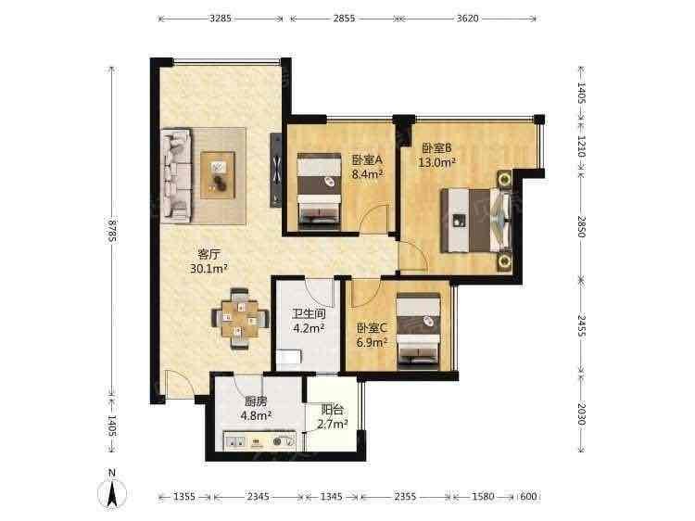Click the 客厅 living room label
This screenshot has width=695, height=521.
(x=208, y=255)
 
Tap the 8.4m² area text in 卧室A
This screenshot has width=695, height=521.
(x=368, y=173)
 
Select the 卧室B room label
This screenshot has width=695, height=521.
(x=436, y=147)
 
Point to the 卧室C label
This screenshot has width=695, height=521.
(x=372, y=328)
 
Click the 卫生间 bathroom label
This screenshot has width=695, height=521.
(x=309, y=314)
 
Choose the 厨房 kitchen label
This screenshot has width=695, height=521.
(x=256, y=401)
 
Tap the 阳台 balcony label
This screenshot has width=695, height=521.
(x=333, y=410)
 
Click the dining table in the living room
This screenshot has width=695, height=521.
(x=240, y=318)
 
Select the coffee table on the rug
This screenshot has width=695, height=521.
(x=218, y=174)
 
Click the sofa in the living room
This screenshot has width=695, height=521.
(x=176, y=175)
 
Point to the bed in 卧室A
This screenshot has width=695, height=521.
(x=319, y=191)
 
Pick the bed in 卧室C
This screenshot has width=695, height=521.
(x=419, y=331)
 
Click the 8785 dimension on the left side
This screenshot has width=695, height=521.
(x=112, y=231)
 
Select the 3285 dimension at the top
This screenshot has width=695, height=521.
(x=221, y=19)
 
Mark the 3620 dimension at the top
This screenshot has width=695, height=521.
(x=467, y=19)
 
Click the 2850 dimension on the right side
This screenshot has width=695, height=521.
(x=582, y=226)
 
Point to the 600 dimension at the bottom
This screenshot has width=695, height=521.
(x=528, y=497)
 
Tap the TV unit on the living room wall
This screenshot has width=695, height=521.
(x=276, y=171)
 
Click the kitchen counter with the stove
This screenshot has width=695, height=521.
(x=259, y=441)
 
